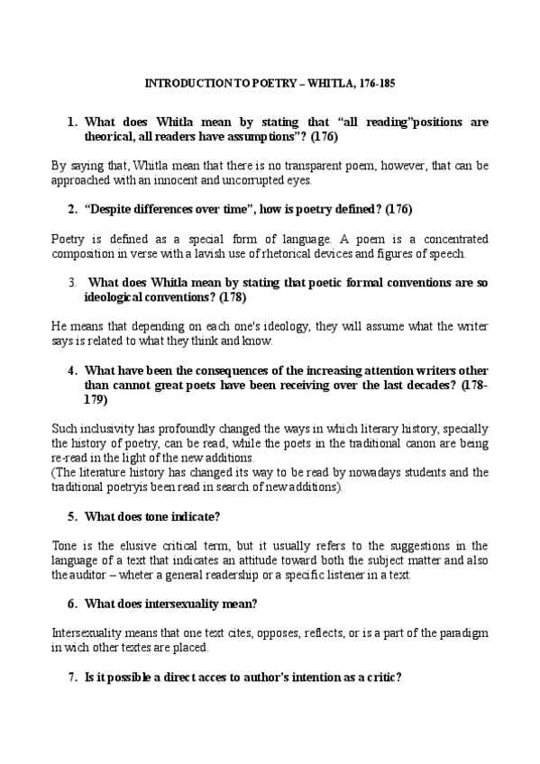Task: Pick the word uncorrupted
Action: pyautogui.click(x=258, y=180)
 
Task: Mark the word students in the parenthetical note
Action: pyautogui.click(x=425, y=472)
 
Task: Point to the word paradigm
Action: pyautogui.click(x=463, y=633)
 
